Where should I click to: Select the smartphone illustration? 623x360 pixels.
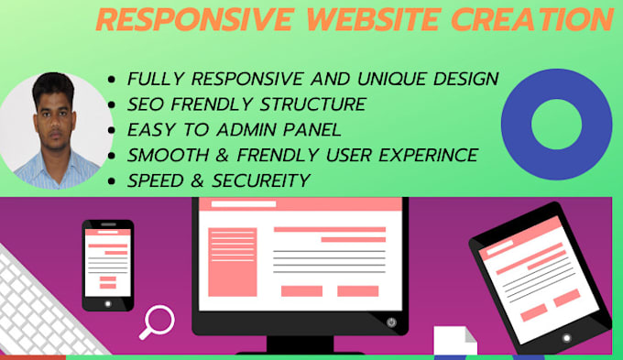(x=107, y=264)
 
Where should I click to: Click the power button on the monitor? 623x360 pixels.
(x=392, y=322)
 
